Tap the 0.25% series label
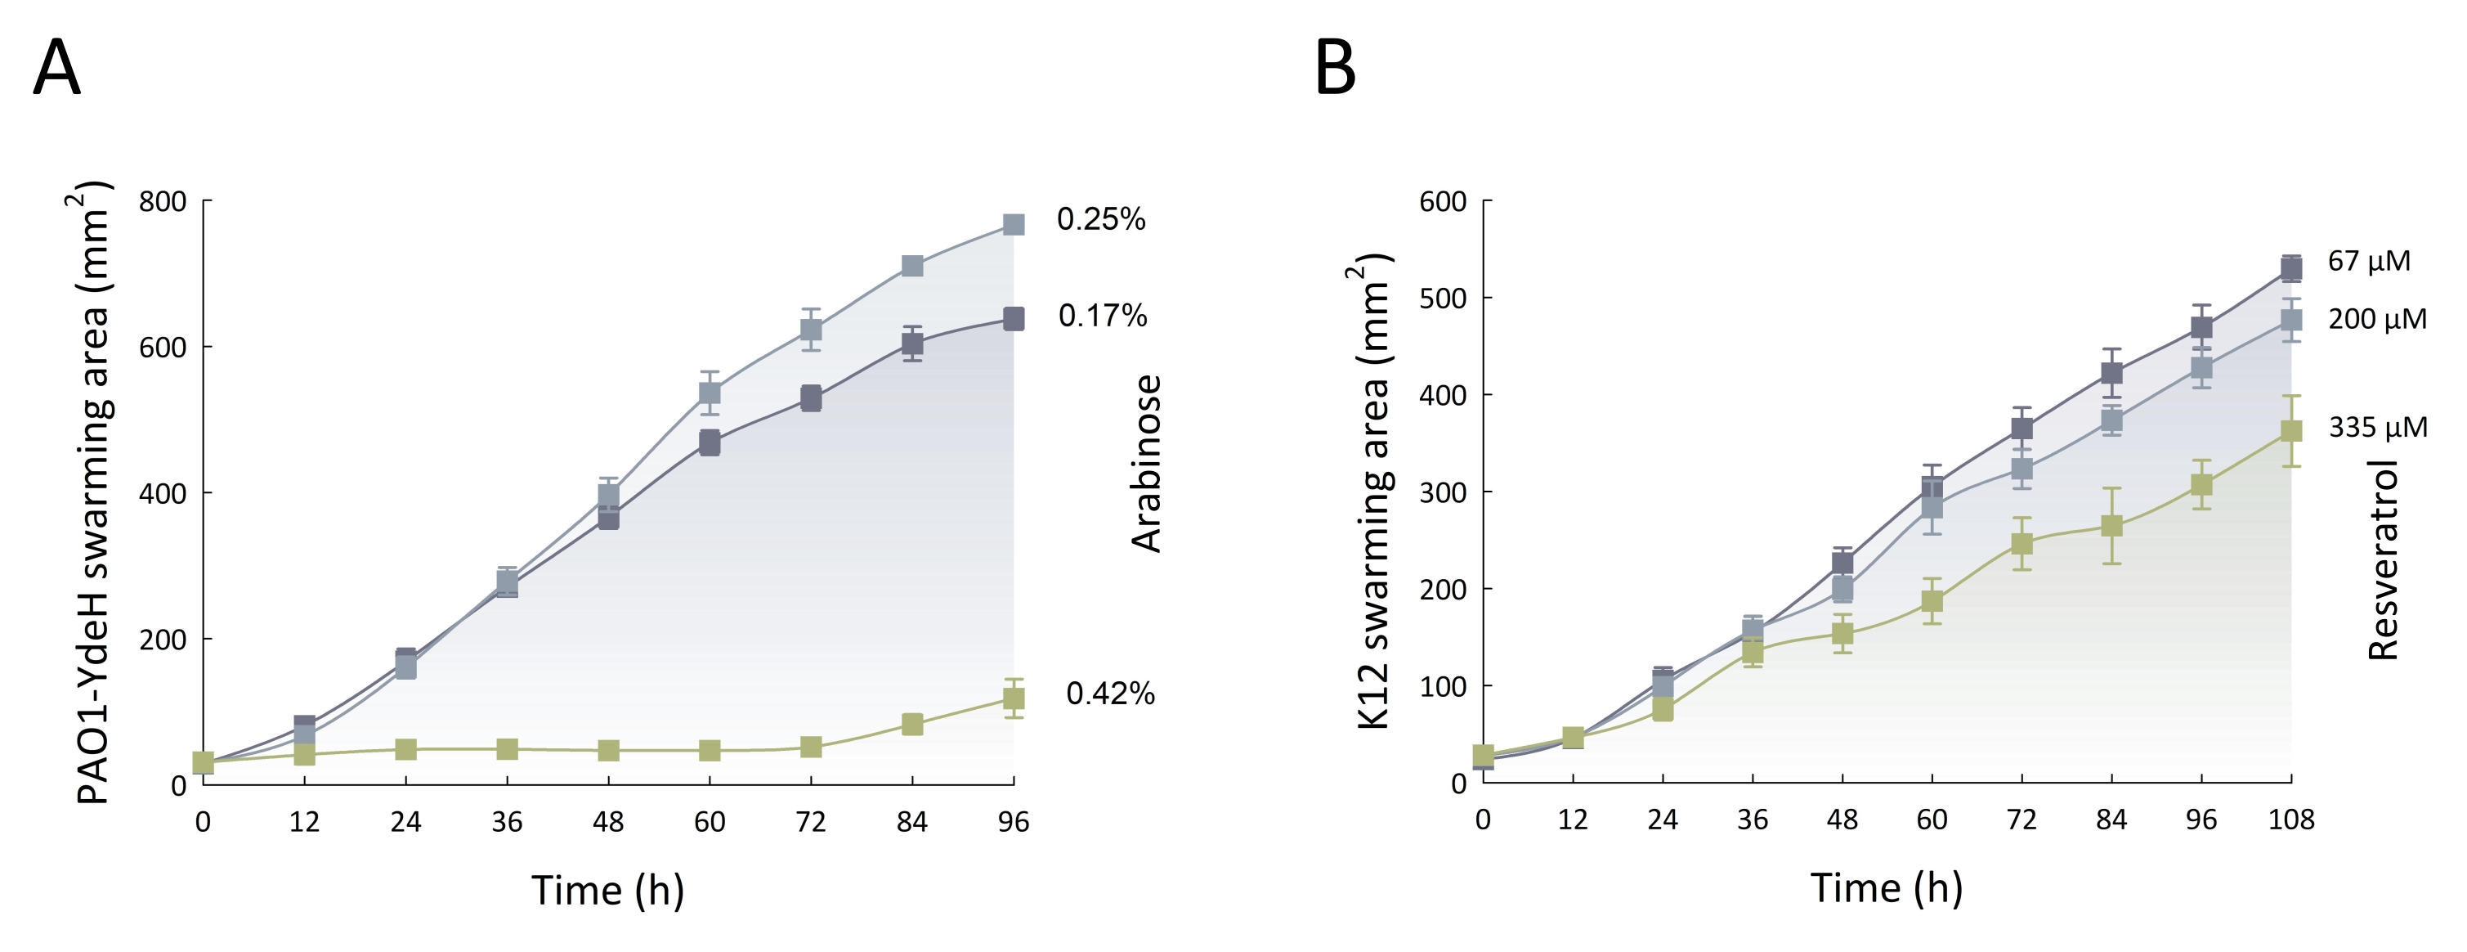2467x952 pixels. (x=1100, y=219)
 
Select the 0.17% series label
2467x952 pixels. (x=1102, y=315)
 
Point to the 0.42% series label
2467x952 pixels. (x=1110, y=693)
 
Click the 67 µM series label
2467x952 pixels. (x=2368, y=261)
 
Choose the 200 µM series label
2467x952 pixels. (x=2377, y=319)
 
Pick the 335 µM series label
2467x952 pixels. (x=2378, y=426)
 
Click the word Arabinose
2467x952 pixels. (x=1146, y=464)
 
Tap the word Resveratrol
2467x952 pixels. (x=2383, y=560)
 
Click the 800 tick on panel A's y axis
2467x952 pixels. (x=163, y=202)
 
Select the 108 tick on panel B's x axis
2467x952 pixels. (x=2290, y=820)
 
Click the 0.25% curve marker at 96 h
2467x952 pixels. (x=1014, y=224)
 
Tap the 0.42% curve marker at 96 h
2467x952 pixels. (x=1014, y=698)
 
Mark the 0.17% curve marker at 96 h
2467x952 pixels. (x=1014, y=318)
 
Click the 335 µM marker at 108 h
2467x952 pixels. (x=2290, y=431)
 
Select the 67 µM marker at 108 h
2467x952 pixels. (x=2290, y=268)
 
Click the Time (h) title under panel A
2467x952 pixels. (x=608, y=890)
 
